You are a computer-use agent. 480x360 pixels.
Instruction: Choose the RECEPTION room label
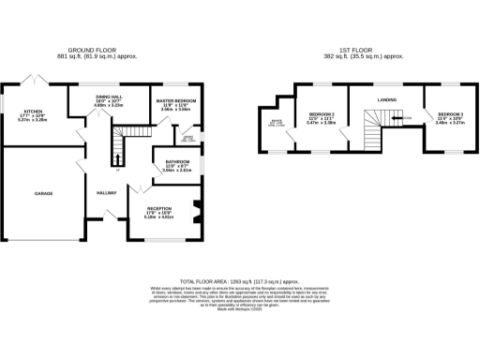pos(162,210)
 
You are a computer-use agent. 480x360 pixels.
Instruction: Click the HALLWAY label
pos(105,193)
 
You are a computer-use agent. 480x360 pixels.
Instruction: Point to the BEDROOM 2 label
pos(322,116)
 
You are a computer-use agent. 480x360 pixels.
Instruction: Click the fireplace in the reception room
pos(195,209)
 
